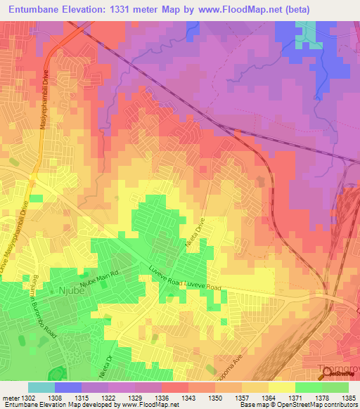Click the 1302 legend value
(x=29, y=397)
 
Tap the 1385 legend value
(x=347, y=397)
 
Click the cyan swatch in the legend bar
(x=41, y=387)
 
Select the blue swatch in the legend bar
(x=68, y=387)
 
